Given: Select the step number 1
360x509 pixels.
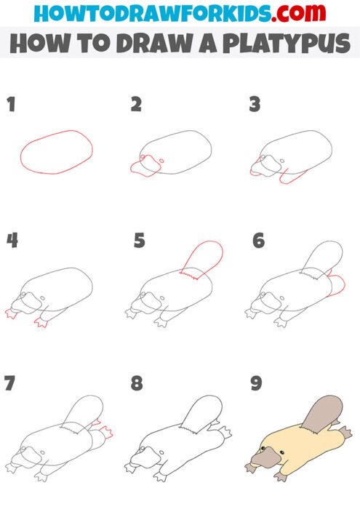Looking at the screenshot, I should (x=11, y=105).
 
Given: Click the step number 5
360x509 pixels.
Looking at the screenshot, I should (x=140, y=241).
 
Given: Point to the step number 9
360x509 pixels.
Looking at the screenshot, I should (x=257, y=383).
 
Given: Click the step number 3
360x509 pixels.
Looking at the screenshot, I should (x=255, y=105).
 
